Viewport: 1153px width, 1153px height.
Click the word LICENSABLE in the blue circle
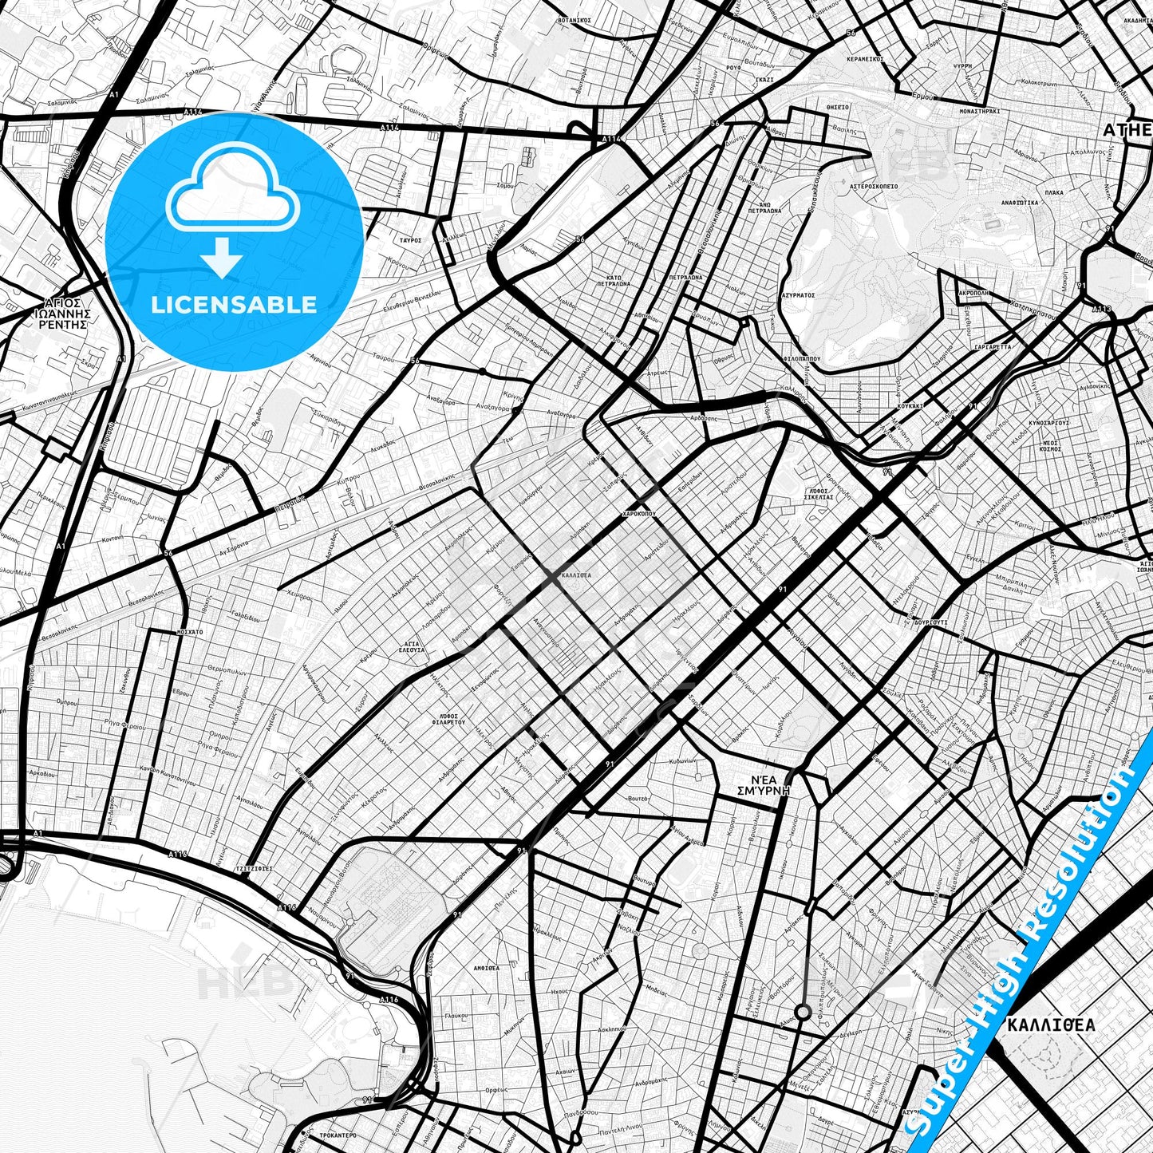[234, 304]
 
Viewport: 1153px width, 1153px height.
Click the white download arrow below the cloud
[223, 258]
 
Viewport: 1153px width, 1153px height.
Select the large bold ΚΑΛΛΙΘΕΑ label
[1051, 1025]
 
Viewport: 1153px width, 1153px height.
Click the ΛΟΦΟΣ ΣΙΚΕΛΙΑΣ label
[819, 492]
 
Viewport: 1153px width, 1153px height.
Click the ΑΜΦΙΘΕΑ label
[486, 968]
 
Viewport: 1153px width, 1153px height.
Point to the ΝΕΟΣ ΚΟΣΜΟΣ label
[1050, 445]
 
